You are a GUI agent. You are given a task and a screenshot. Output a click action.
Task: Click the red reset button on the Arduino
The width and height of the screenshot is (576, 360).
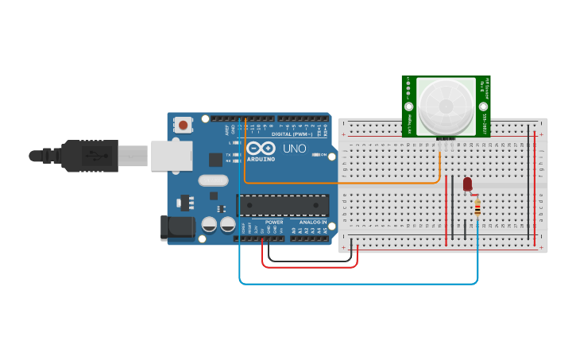tap(184, 125)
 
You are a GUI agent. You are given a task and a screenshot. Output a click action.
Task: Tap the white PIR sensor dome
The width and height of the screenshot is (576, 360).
tap(445, 106)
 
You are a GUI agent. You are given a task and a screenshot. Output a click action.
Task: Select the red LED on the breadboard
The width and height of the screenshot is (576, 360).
tap(467, 184)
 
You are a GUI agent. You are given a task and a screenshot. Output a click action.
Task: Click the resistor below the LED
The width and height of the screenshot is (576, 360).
tap(477, 207)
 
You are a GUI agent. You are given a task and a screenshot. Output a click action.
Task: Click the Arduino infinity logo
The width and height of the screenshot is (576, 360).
tap(260, 149)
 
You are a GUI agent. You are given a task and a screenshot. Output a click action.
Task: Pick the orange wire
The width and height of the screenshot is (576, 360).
tap(342, 184)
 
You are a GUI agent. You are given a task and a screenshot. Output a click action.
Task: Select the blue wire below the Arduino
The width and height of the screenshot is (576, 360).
tap(358, 283)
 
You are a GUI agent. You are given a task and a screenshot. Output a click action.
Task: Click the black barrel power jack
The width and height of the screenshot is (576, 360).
tap(176, 228)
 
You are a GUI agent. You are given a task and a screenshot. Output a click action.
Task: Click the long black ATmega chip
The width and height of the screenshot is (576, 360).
tap(282, 205)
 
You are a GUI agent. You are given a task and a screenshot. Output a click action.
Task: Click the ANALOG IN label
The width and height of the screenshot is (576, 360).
tap(311, 223)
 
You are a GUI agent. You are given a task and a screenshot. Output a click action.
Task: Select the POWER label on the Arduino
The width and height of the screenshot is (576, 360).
tap(274, 223)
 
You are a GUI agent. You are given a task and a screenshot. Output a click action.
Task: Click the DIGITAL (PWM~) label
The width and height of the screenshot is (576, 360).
tap(290, 134)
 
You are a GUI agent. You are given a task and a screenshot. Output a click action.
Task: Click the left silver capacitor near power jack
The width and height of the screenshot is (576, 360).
tap(210, 225)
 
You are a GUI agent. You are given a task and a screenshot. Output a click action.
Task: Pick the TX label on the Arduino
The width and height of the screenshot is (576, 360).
tap(228, 155)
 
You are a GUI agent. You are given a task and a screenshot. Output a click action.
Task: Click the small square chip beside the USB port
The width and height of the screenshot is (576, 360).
tap(215, 159)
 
